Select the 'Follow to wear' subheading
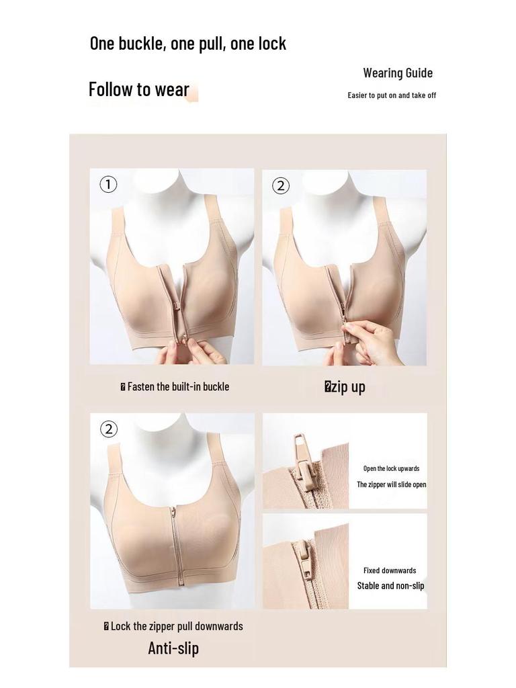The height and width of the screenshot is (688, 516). tap(139, 89)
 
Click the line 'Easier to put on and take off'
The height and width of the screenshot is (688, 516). tap(392, 95)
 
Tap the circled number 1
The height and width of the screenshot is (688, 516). tap(108, 184)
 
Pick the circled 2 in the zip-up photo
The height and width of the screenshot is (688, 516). tap(281, 185)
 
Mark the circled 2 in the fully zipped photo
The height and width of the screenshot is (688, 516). tap(109, 429)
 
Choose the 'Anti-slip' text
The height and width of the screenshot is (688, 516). tap(173, 648)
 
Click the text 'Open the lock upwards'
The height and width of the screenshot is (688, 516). tap(391, 468)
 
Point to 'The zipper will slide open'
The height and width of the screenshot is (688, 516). tap(391, 484)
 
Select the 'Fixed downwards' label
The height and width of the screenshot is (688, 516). tap(390, 570)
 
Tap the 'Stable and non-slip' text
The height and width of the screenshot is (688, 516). tap(390, 586)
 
